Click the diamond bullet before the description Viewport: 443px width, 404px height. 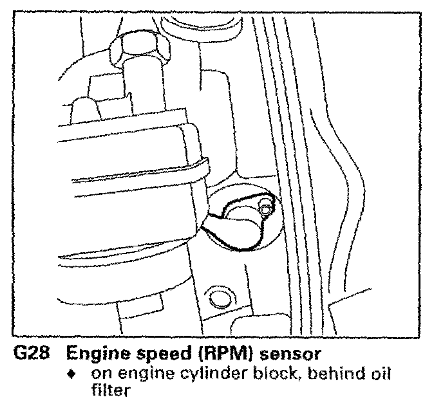(77, 373)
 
